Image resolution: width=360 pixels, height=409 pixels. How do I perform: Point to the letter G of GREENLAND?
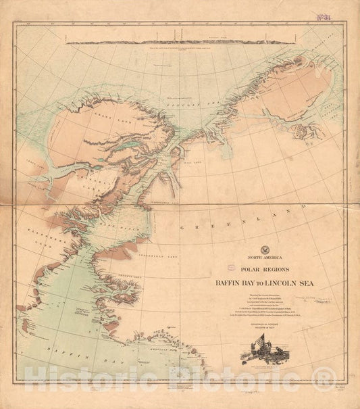pos(186,229)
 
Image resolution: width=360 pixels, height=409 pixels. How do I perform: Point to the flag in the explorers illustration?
pos(259,362)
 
